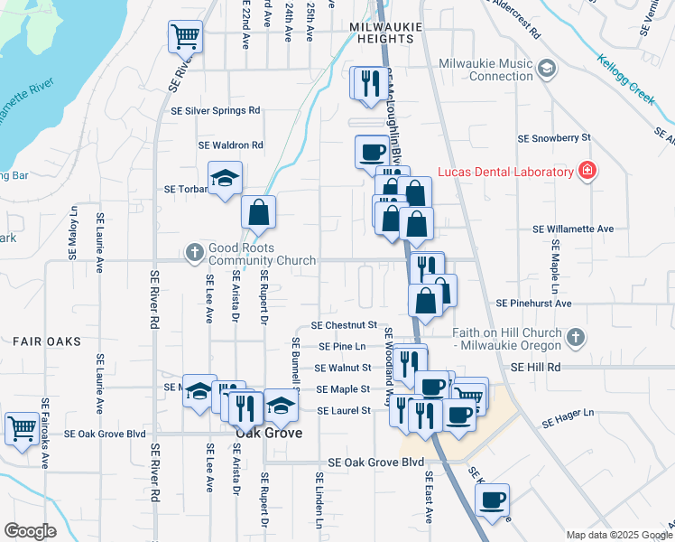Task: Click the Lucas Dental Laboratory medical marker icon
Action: point(587,172)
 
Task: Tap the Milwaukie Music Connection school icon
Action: point(547,69)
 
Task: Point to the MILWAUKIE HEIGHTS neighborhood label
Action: point(385,28)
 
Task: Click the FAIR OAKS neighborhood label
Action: point(46,341)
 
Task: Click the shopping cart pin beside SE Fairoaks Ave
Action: point(22,428)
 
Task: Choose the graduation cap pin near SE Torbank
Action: point(226,177)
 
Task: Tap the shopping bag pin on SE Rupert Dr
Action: point(258,213)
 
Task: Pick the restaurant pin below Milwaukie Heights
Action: point(369,83)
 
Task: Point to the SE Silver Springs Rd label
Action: point(216,110)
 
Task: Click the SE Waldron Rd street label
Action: point(231,145)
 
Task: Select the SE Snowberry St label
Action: point(553,138)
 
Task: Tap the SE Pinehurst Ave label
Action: point(534,304)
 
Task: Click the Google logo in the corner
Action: point(29,530)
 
